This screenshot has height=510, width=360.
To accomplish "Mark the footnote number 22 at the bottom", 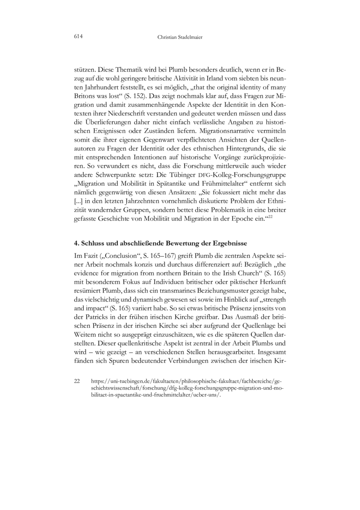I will click(x=77, y=381).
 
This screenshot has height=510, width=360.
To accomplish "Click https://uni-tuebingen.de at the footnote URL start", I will click(x=117, y=381).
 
